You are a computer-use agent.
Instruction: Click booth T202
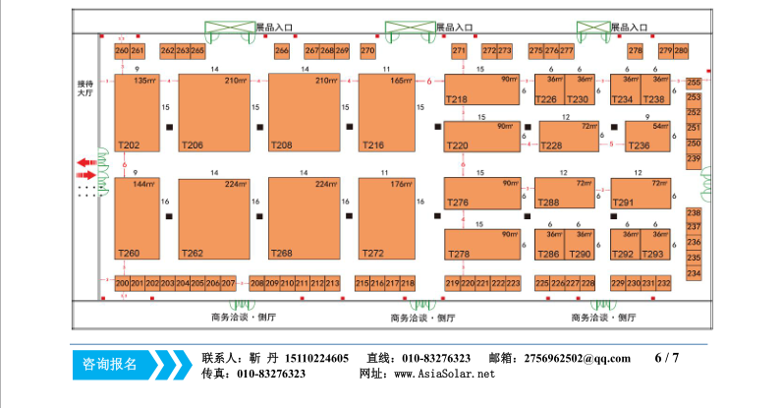tap(137, 112)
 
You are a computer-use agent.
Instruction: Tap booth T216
tap(384, 112)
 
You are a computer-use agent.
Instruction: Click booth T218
tap(482, 89)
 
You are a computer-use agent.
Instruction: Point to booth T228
tap(568, 137)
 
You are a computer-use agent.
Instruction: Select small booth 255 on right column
tap(694, 83)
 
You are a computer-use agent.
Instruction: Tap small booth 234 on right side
tap(694, 272)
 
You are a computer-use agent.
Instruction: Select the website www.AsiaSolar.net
tap(444, 374)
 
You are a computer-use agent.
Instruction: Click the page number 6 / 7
tap(666, 357)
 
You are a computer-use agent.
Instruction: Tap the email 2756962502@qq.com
tap(578, 358)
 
